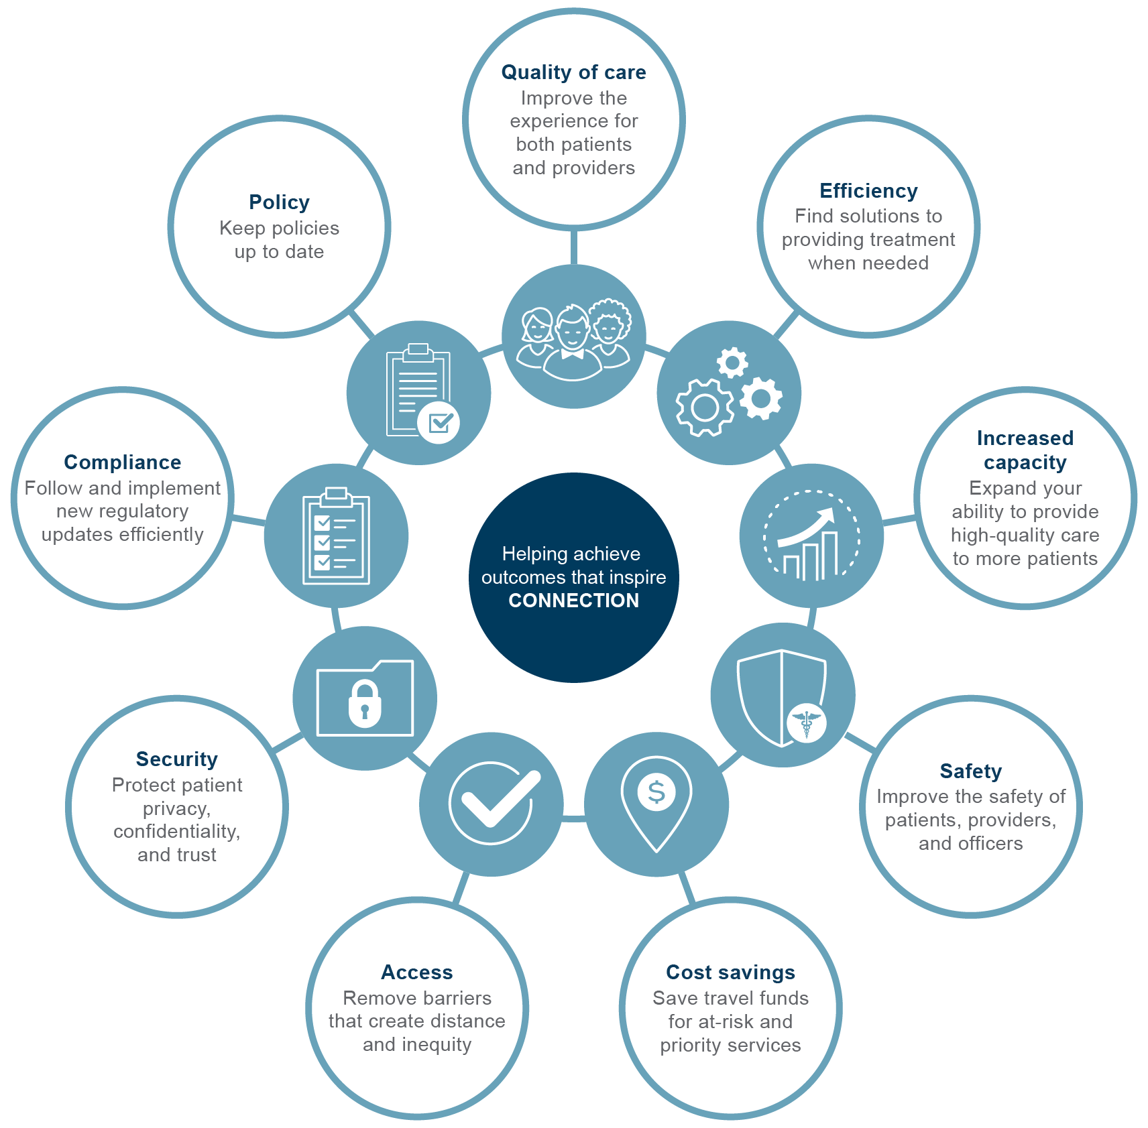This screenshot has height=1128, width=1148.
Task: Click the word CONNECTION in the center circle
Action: [573, 601]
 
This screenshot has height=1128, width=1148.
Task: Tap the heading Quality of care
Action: [573, 72]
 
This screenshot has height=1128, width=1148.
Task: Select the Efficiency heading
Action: [868, 191]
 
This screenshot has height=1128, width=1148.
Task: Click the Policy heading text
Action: [279, 202]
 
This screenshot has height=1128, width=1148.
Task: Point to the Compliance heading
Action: [122, 462]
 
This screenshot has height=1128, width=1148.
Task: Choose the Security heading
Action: [176, 759]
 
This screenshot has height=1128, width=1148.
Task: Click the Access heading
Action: [416, 973]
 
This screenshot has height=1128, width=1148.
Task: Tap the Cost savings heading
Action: [730, 973]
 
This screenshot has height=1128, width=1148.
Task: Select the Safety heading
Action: [970, 771]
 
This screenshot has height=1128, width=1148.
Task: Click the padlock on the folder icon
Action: [365, 704]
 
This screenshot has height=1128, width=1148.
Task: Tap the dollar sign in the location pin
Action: [656, 792]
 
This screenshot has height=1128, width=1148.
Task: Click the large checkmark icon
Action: [495, 801]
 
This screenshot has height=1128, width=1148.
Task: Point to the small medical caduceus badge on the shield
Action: [806, 723]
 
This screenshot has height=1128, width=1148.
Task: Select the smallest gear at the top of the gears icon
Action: [732, 363]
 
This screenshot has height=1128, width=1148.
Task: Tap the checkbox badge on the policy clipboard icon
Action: [439, 423]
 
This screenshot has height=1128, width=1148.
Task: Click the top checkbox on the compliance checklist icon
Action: [322, 522]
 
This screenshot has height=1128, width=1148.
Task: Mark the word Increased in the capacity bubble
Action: [1025, 438]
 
